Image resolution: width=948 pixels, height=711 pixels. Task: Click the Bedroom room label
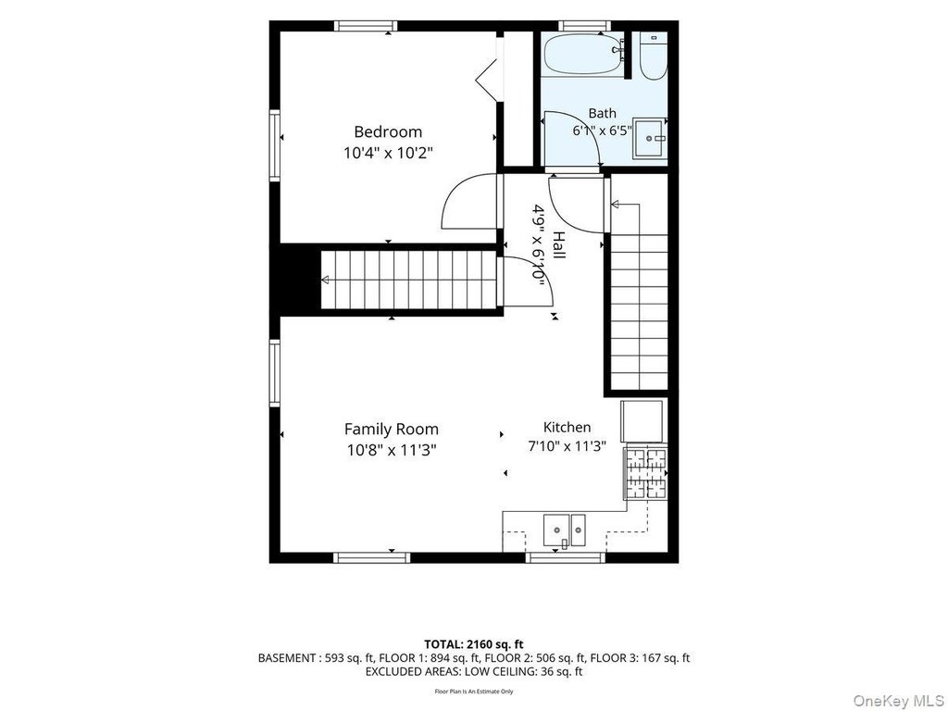tap(388, 131)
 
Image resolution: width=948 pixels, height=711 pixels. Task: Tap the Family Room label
tap(392, 430)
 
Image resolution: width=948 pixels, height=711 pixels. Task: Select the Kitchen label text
tap(567, 428)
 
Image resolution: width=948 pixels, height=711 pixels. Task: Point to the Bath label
tap(602, 113)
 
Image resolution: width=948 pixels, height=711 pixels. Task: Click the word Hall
tap(558, 245)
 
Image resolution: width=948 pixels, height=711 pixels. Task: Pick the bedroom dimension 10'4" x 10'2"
tap(389, 153)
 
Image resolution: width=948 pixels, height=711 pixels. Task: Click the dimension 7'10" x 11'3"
tap(567, 447)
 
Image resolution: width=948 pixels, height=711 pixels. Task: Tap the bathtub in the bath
tap(583, 54)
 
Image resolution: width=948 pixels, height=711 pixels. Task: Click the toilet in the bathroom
tap(653, 56)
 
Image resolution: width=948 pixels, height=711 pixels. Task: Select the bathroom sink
tap(650, 139)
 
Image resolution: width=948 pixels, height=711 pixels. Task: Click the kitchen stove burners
tap(645, 473)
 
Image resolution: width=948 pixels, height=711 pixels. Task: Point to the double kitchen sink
tap(565, 530)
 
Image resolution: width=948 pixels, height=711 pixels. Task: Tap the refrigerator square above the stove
tap(642, 421)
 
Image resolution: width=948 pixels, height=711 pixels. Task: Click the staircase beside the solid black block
tap(408, 280)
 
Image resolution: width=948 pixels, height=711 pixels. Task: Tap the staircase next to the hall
tap(639, 296)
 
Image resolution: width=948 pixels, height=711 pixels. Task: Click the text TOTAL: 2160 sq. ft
tap(473, 644)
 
